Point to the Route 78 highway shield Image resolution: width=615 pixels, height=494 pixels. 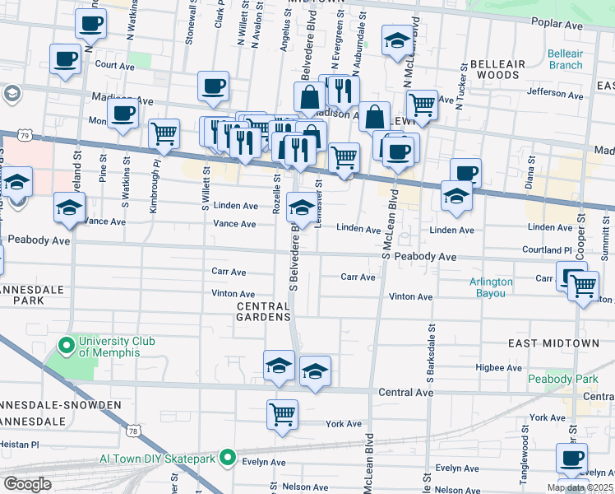pyautogui.click(x=133, y=430)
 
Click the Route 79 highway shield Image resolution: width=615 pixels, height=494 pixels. pyautogui.click(x=25, y=135)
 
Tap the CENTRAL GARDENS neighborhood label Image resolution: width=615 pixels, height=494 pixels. pyautogui.click(x=263, y=311)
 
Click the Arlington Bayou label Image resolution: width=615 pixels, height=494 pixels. pyautogui.click(x=491, y=287)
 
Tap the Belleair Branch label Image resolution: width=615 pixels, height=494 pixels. pyautogui.click(x=565, y=59)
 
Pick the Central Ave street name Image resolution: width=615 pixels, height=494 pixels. pyautogui.click(x=405, y=393)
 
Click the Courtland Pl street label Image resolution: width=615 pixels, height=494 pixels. pyautogui.click(x=546, y=249)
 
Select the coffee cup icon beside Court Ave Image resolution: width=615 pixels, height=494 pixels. pyautogui.click(x=65, y=59)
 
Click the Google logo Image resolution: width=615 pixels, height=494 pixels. pyautogui.click(x=27, y=484)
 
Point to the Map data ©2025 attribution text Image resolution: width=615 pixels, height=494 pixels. pyautogui.click(x=579, y=487)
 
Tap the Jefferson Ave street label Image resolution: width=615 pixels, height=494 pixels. pyautogui.click(x=555, y=93)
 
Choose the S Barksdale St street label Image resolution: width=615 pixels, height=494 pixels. pyautogui.click(x=430, y=354)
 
